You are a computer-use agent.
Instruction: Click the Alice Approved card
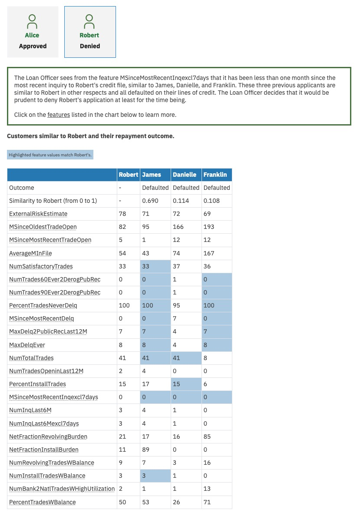coord(33,32)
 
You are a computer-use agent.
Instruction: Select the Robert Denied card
coord(90,32)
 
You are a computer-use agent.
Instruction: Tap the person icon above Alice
coord(32,21)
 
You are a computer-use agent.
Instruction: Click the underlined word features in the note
coord(59,115)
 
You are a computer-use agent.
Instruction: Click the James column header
coord(152,175)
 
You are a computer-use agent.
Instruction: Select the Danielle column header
coord(185,175)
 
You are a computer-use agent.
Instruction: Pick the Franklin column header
coord(215,175)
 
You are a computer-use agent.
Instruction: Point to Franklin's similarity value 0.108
coord(211,201)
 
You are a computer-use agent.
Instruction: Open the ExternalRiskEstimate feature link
coord(38,214)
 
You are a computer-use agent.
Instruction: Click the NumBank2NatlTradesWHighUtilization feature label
coord(62,489)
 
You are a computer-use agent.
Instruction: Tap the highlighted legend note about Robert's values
coord(50,155)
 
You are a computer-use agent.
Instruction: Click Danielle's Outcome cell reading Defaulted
coord(186,188)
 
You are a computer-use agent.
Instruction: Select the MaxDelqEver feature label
coord(27,345)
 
